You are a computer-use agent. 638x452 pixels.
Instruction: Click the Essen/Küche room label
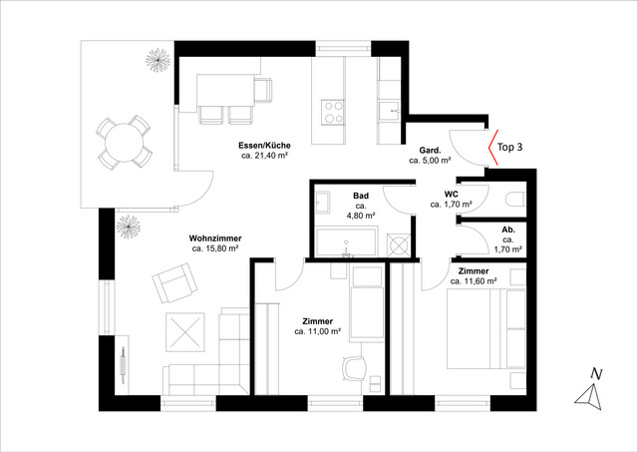[x=264, y=146]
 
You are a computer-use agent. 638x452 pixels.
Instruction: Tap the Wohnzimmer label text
[x=215, y=238]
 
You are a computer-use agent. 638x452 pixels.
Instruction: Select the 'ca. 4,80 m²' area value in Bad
[x=361, y=211]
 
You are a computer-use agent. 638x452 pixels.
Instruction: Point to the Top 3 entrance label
[x=509, y=147]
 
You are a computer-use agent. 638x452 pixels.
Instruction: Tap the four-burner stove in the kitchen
[x=333, y=112]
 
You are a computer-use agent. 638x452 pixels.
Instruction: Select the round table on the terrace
[x=124, y=143]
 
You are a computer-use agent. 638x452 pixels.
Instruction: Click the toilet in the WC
[x=515, y=200]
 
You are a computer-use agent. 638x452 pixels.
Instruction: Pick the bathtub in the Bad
[x=346, y=241]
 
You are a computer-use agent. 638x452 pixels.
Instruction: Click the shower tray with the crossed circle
[x=399, y=244]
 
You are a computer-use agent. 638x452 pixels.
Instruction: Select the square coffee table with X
[x=185, y=332]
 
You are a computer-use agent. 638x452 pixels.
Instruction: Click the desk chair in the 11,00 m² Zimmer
[x=353, y=368]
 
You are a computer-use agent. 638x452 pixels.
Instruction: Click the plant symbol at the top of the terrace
[x=158, y=60]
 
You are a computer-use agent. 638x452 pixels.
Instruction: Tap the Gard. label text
[x=430, y=151]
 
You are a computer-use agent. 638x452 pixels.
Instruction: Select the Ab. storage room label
[x=508, y=230]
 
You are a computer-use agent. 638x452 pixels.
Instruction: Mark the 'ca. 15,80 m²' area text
[x=215, y=248]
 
